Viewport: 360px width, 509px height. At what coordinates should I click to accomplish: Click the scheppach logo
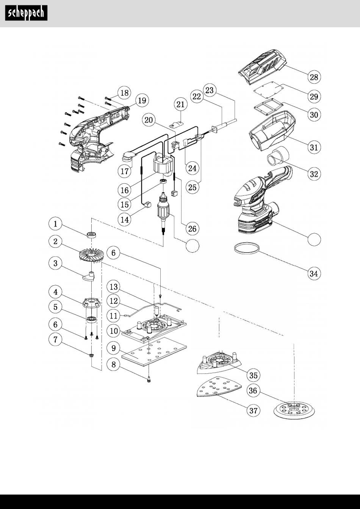point(26,13)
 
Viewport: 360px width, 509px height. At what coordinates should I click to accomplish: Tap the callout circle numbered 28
point(314,77)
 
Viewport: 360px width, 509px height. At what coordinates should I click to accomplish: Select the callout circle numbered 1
point(55,224)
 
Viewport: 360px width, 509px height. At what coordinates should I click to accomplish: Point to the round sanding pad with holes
point(294,410)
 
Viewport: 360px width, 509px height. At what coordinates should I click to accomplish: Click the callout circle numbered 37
point(254,411)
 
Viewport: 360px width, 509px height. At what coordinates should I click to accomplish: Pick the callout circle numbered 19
point(142,100)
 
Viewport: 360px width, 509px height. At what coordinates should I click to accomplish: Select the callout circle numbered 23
point(210,90)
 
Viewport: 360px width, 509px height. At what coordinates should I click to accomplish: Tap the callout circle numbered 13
point(113,287)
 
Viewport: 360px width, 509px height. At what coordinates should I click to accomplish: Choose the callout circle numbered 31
point(314,147)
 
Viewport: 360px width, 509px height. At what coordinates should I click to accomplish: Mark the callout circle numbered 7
point(55,340)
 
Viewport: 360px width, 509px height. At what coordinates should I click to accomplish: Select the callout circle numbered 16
point(124,190)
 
